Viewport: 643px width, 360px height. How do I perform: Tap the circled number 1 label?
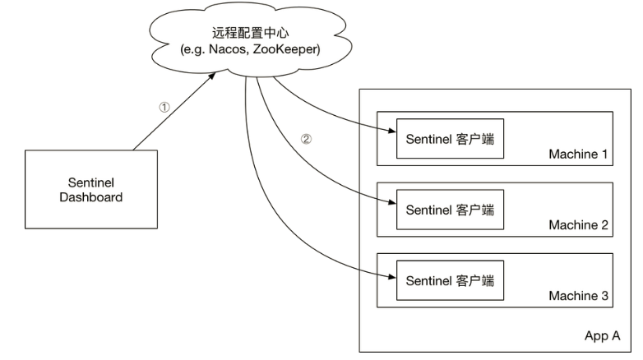point(164,107)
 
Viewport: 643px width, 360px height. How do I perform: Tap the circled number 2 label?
point(306,139)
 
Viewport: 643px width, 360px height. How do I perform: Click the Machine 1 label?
point(577,155)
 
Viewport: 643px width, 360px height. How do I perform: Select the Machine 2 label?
point(577,225)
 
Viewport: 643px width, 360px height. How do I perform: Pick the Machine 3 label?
point(577,296)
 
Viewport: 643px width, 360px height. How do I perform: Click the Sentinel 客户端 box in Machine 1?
point(450,139)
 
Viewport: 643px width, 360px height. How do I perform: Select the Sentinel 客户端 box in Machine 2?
point(450,210)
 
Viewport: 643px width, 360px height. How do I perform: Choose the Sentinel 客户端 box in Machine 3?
point(450,280)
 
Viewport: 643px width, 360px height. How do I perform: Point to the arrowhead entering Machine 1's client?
point(391,128)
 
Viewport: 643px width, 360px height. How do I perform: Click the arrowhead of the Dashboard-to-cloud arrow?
point(216,75)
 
